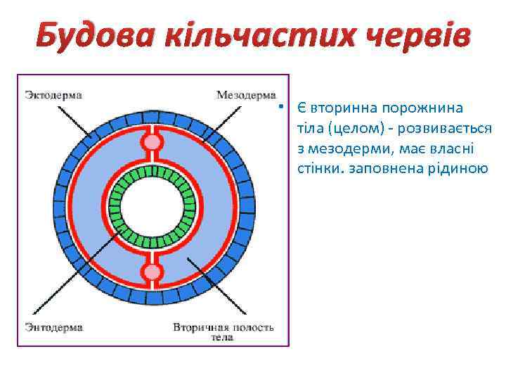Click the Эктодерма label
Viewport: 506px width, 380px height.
pyautogui.click(x=53, y=94)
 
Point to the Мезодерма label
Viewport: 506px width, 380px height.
pyautogui.click(x=247, y=94)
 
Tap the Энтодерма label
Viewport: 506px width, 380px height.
pyautogui.click(x=53, y=327)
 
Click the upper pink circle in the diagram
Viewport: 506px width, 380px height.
pyautogui.click(x=152, y=143)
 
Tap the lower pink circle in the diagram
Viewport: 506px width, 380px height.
pyautogui.click(x=152, y=272)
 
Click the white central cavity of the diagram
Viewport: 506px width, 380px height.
pyautogui.click(x=152, y=207)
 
